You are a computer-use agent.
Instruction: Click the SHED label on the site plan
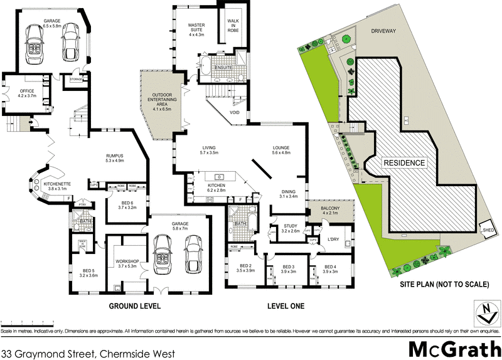pyautogui.click(x=486, y=230)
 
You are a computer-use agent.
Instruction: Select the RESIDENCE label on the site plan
pyautogui.click(x=405, y=163)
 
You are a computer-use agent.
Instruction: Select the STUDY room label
pyautogui.click(x=289, y=228)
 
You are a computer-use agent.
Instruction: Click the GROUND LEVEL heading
pyautogui.click(x=135, y=307)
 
